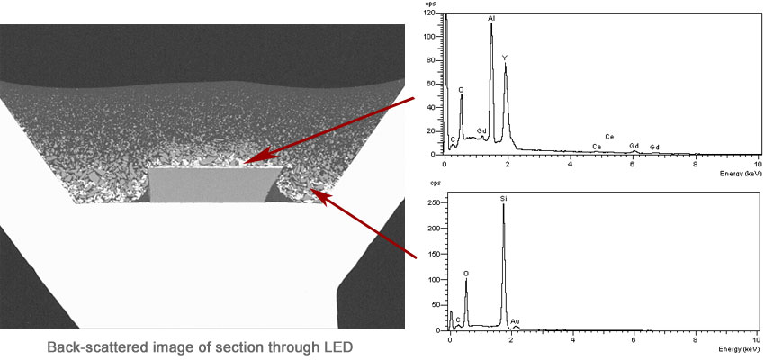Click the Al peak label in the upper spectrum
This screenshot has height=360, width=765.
point(491,17)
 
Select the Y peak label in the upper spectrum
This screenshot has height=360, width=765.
point(505,58)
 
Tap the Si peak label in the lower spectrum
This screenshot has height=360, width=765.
point(504,197)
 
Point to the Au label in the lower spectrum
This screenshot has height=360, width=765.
point(515,321)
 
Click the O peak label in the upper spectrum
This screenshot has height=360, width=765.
point(461,90)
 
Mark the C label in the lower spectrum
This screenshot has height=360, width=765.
point(458,319)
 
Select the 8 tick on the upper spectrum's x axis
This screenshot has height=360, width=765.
point(696,162)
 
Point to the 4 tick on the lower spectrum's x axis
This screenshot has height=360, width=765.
point(573,339)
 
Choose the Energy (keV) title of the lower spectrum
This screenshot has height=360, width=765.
point(741,348)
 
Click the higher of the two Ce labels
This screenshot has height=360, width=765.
point(609,137)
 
